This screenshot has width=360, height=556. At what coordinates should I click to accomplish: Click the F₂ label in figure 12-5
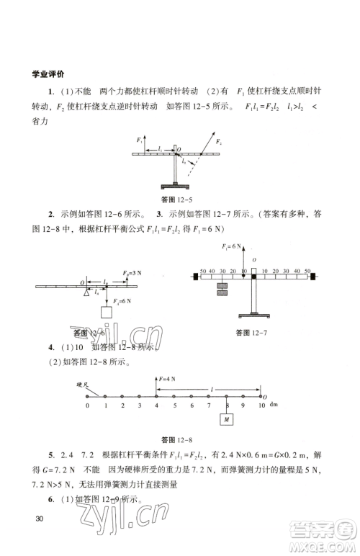(218, 143)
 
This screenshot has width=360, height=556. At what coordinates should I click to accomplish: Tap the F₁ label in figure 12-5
(138, 137)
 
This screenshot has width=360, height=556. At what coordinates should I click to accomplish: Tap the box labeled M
(228, 418)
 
